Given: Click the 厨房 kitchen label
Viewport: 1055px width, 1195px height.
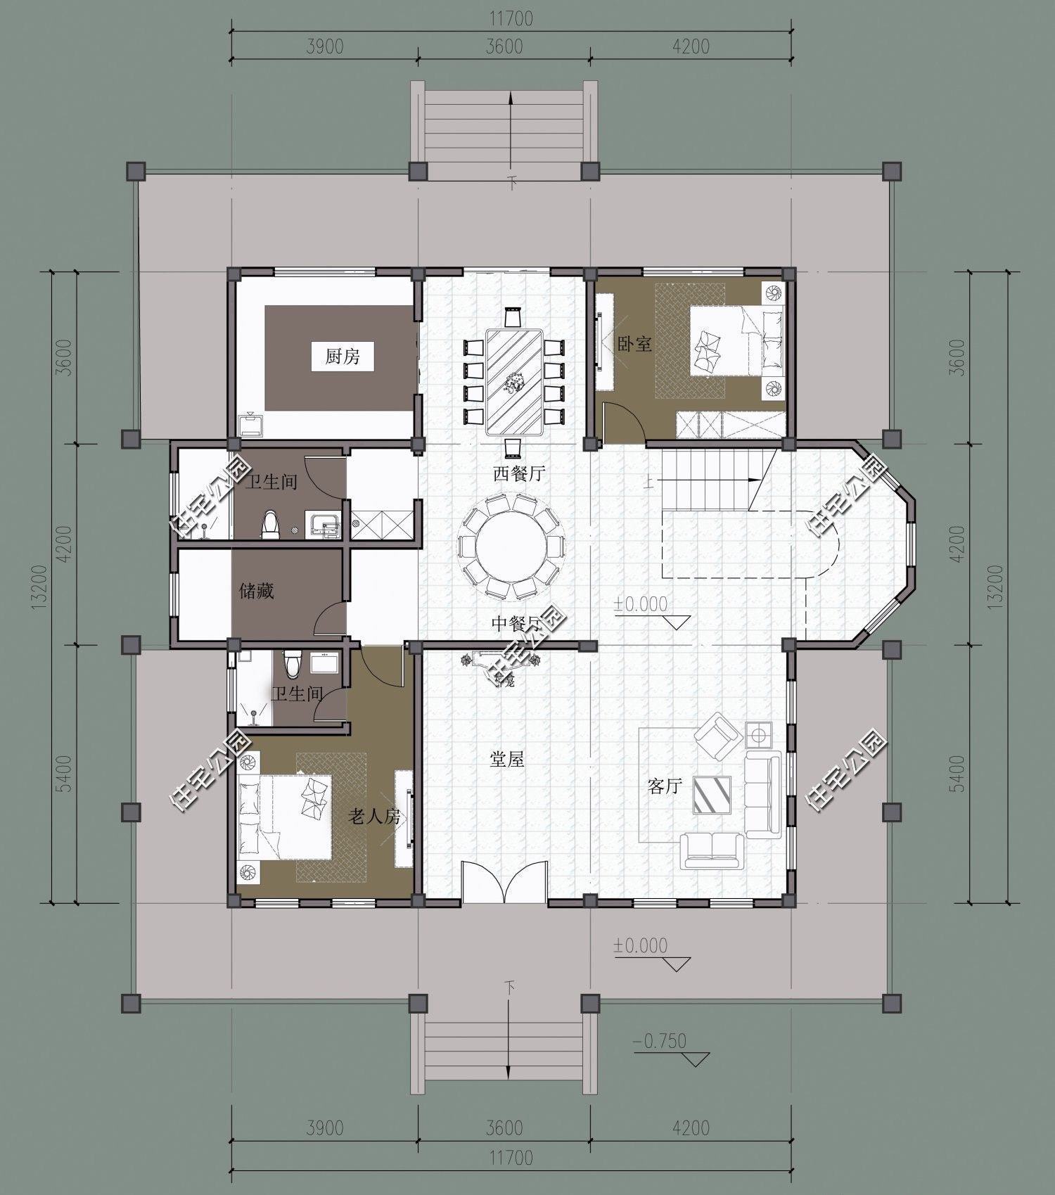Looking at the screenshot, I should (x=343, y=357).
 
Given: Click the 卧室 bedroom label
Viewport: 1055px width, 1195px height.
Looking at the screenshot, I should (x=634, y=344).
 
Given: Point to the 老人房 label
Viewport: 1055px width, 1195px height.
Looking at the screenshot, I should (x=374, y=816).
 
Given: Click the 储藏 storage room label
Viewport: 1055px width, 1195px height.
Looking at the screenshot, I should (x=256, y=591).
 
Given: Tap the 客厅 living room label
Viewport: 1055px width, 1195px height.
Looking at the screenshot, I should (x=665, y=786).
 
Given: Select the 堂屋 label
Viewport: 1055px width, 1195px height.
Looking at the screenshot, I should (x=507, y=759).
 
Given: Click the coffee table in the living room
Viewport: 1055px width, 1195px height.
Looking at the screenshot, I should (x=712, y=795).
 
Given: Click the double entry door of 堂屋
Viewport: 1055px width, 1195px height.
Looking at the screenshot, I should (x=504, y=882).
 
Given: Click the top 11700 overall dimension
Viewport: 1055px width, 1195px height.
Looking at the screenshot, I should (x=511, y=18).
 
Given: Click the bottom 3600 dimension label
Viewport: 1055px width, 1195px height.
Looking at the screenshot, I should (x=504, y=1128).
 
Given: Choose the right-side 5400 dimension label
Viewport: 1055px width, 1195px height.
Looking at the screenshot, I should (x=957, y=774).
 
